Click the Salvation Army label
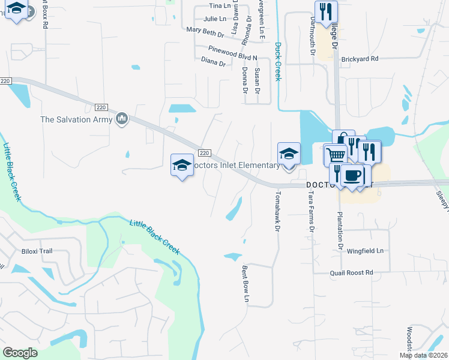point(76,119)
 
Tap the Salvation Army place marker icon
point(122,119)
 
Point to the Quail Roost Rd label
point(351,272)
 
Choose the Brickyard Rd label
point(360,59)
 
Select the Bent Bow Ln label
point(246,284)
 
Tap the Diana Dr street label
point(213,61)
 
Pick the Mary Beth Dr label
point(205,29)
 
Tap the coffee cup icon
point(353,175)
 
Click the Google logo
point(20,353)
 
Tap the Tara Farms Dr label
point(312,212)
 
